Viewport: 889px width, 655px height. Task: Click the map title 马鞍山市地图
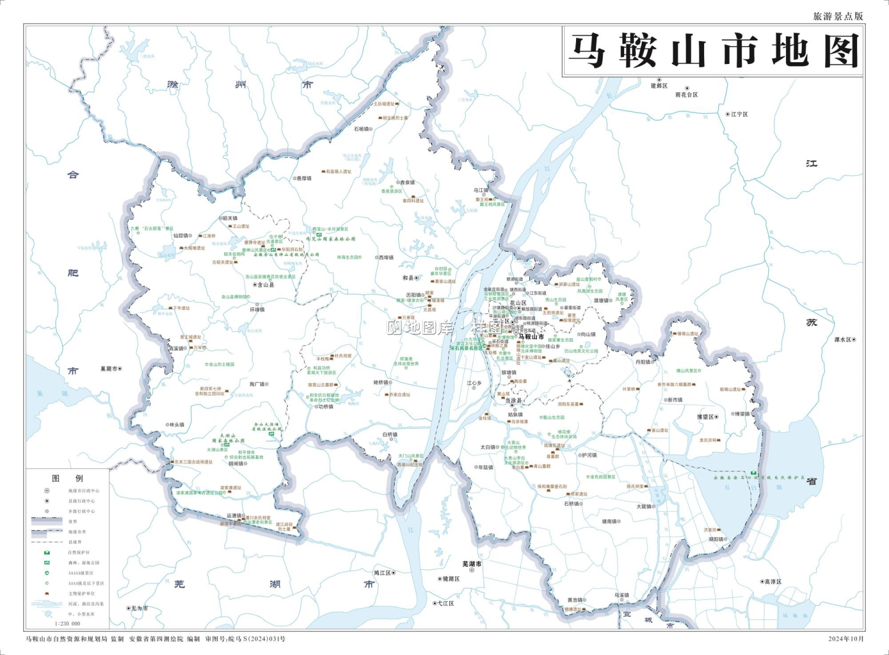coord(713,52)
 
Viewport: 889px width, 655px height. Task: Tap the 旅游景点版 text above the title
coord(837,17)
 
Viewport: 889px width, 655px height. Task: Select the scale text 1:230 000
coord(68,624)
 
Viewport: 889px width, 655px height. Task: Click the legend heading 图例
coord(68,478)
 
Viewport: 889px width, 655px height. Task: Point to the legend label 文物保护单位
coord(81,593)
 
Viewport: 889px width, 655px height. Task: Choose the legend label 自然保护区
coord(79,552)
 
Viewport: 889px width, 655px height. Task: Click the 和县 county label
coord(408,278)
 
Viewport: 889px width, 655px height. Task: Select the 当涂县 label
coord(513,401)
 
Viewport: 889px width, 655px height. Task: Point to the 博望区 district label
coord(705,417)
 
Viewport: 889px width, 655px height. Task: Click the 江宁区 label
coord(739,114)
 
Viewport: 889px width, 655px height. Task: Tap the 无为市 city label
coord(140,608)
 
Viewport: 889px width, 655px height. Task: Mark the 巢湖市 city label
coord(108,369)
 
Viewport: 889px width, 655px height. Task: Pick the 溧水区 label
coord(842,340)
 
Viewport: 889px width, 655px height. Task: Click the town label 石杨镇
coord(362,129)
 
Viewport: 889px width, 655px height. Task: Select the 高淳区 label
coord(773,582)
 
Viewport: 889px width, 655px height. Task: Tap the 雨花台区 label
coord(686,95)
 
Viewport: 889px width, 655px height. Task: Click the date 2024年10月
coord(846,639)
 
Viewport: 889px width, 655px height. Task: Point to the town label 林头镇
coord(177,425)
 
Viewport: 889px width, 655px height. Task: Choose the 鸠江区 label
coord(382,573)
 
